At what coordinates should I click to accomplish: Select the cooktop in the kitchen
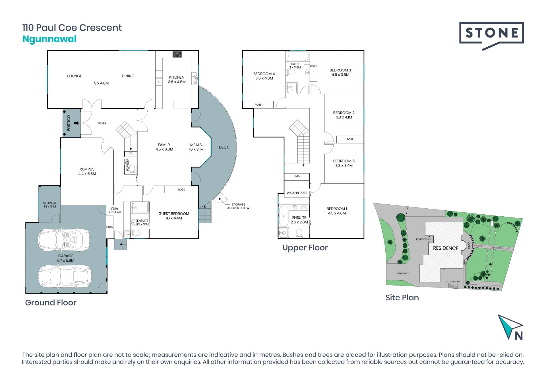(177, 54)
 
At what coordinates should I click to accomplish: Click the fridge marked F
(159, 82)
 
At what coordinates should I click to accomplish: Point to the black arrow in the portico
(76, 123)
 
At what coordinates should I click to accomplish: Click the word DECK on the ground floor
(224, 147)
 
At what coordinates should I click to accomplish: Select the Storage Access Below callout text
(238, 206)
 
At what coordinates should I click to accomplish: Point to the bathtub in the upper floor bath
(298, 56)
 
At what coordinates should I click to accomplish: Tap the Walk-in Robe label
(297, 193)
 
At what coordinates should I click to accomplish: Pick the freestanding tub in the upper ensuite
(284, 216)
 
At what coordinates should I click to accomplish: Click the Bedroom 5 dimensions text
(344, 166)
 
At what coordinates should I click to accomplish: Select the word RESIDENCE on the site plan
(446, 248)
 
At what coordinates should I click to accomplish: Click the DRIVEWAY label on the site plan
(403, 274)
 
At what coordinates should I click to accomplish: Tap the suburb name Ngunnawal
(49, 39)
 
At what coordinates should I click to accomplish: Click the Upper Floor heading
(305, 248)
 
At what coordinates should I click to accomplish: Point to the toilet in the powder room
(132, 169)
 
